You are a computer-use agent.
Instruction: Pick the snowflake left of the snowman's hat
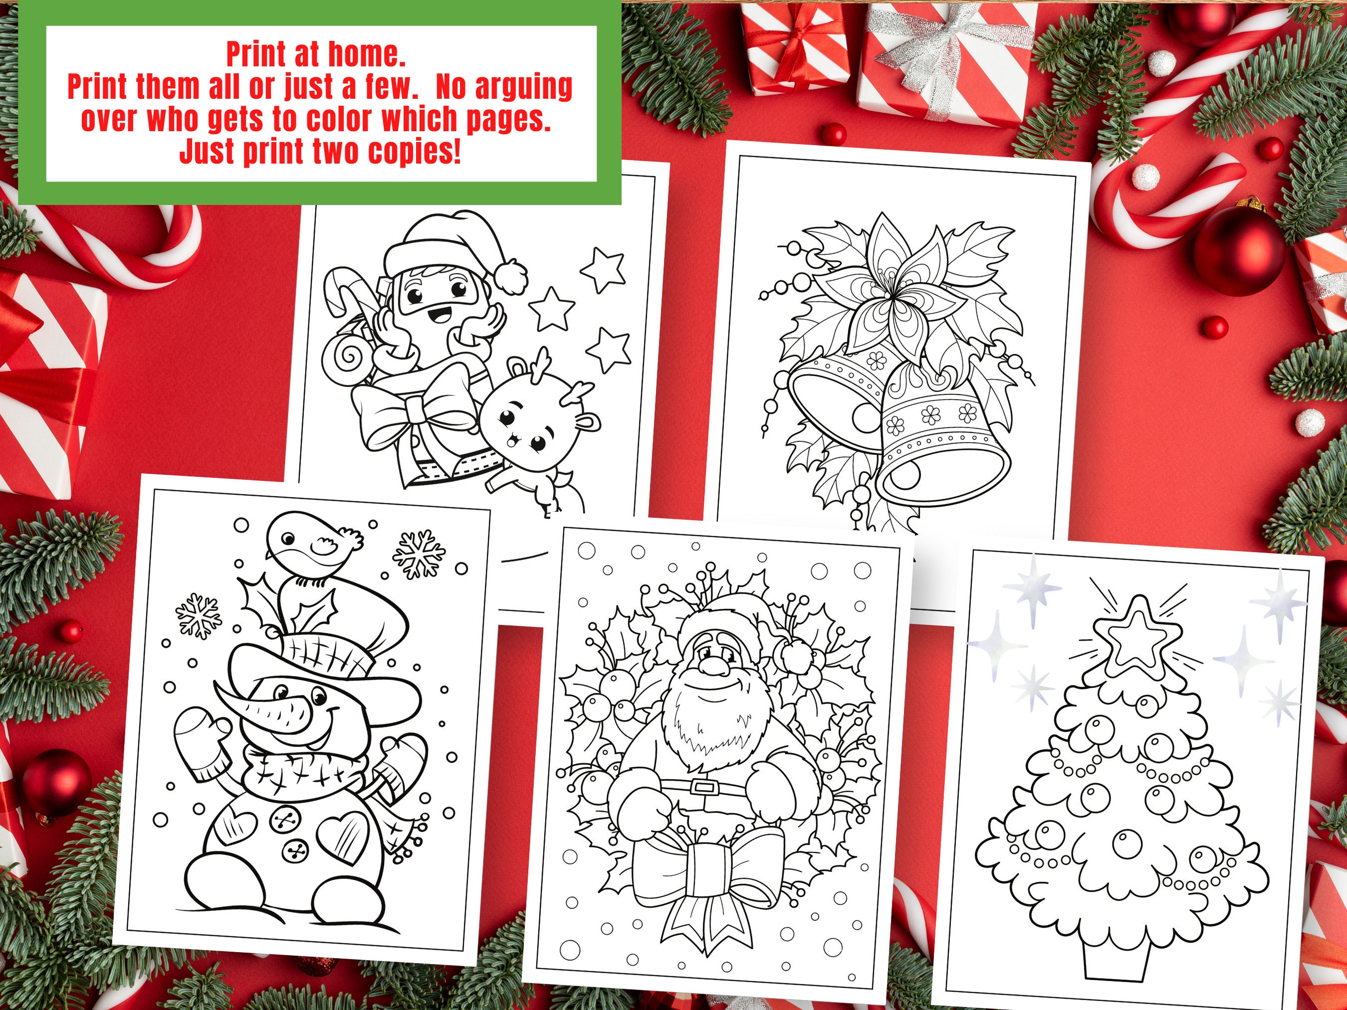click(198, 615)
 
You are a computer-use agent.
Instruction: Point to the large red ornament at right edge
click(1239, 249)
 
